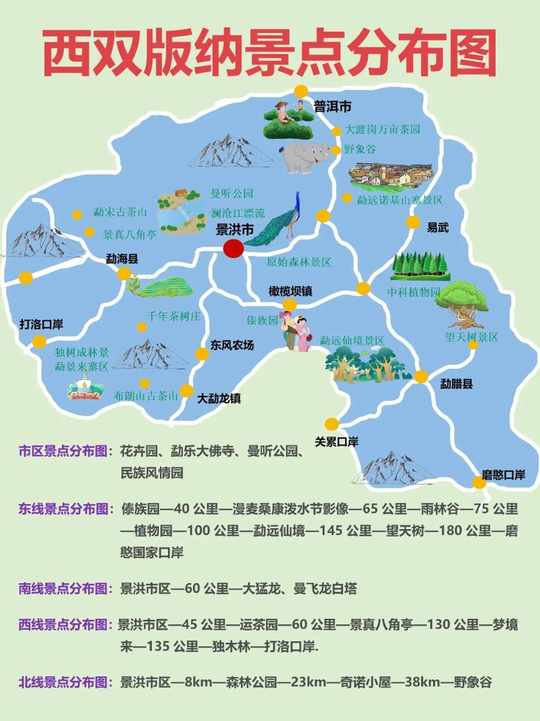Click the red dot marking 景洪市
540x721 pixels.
click(234, 249)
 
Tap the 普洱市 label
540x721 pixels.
click(333, 106)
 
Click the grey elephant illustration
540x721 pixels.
click(303, 157)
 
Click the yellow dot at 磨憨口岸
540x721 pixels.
click(479, 482)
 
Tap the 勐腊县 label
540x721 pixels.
click(457, 384)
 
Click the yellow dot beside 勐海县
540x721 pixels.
click(124, 274)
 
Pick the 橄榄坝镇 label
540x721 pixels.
click(290, 291)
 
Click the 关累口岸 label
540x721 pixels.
click(337, 442)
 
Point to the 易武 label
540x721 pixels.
click(437, 228)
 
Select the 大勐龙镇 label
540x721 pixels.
click(219, 398)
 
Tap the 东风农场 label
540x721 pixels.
click(232, 345)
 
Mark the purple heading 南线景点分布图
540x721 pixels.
click(64, 589)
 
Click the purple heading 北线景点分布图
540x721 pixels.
click(64, 682)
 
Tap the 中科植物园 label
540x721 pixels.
click(413, 292)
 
